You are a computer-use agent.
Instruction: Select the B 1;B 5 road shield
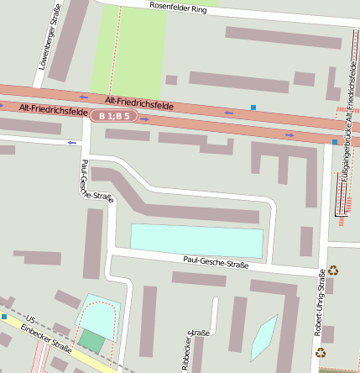pyautogui.click(x=114, y=116)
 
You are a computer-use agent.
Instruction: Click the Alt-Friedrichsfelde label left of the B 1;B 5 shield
pyautogui.click(x=52, y=109)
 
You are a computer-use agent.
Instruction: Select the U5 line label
pyautogui.click(x=31, y=320)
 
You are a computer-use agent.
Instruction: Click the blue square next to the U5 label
pyautogui.click(x=4, y=317)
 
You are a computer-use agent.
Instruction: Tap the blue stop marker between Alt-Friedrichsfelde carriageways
pyautogui.click(x=253, y=108)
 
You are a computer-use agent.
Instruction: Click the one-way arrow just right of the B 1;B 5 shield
pyautogui.click(x=145, y=119)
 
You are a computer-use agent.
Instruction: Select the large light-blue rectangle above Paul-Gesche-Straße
pyautogui.click(x=197, y=241)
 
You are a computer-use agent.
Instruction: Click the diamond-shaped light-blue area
pyautogui.click(x=263, y=337)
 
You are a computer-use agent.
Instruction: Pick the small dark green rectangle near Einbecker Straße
pyautogui.click(x=92, y=341)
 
